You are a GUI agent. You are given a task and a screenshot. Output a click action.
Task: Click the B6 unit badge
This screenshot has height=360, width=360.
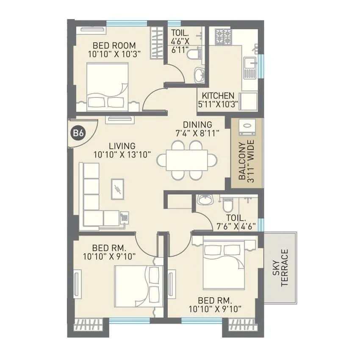[78, 133]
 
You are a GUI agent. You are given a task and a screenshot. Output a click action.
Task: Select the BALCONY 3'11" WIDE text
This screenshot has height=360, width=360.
[246, 161]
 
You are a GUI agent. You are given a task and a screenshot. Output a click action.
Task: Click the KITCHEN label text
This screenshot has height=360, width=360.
[218, 95]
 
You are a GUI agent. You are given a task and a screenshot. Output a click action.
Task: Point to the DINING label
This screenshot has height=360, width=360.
[197, 125]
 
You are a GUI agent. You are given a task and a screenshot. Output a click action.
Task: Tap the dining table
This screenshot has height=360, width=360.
[187, 160]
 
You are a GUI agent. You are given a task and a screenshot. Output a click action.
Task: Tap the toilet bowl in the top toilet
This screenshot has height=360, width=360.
[193, 55]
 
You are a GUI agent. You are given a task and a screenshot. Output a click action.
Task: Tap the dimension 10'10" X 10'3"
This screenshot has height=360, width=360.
[114, 54]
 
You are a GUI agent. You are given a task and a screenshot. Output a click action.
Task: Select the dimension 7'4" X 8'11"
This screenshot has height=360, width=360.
[197, 133]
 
